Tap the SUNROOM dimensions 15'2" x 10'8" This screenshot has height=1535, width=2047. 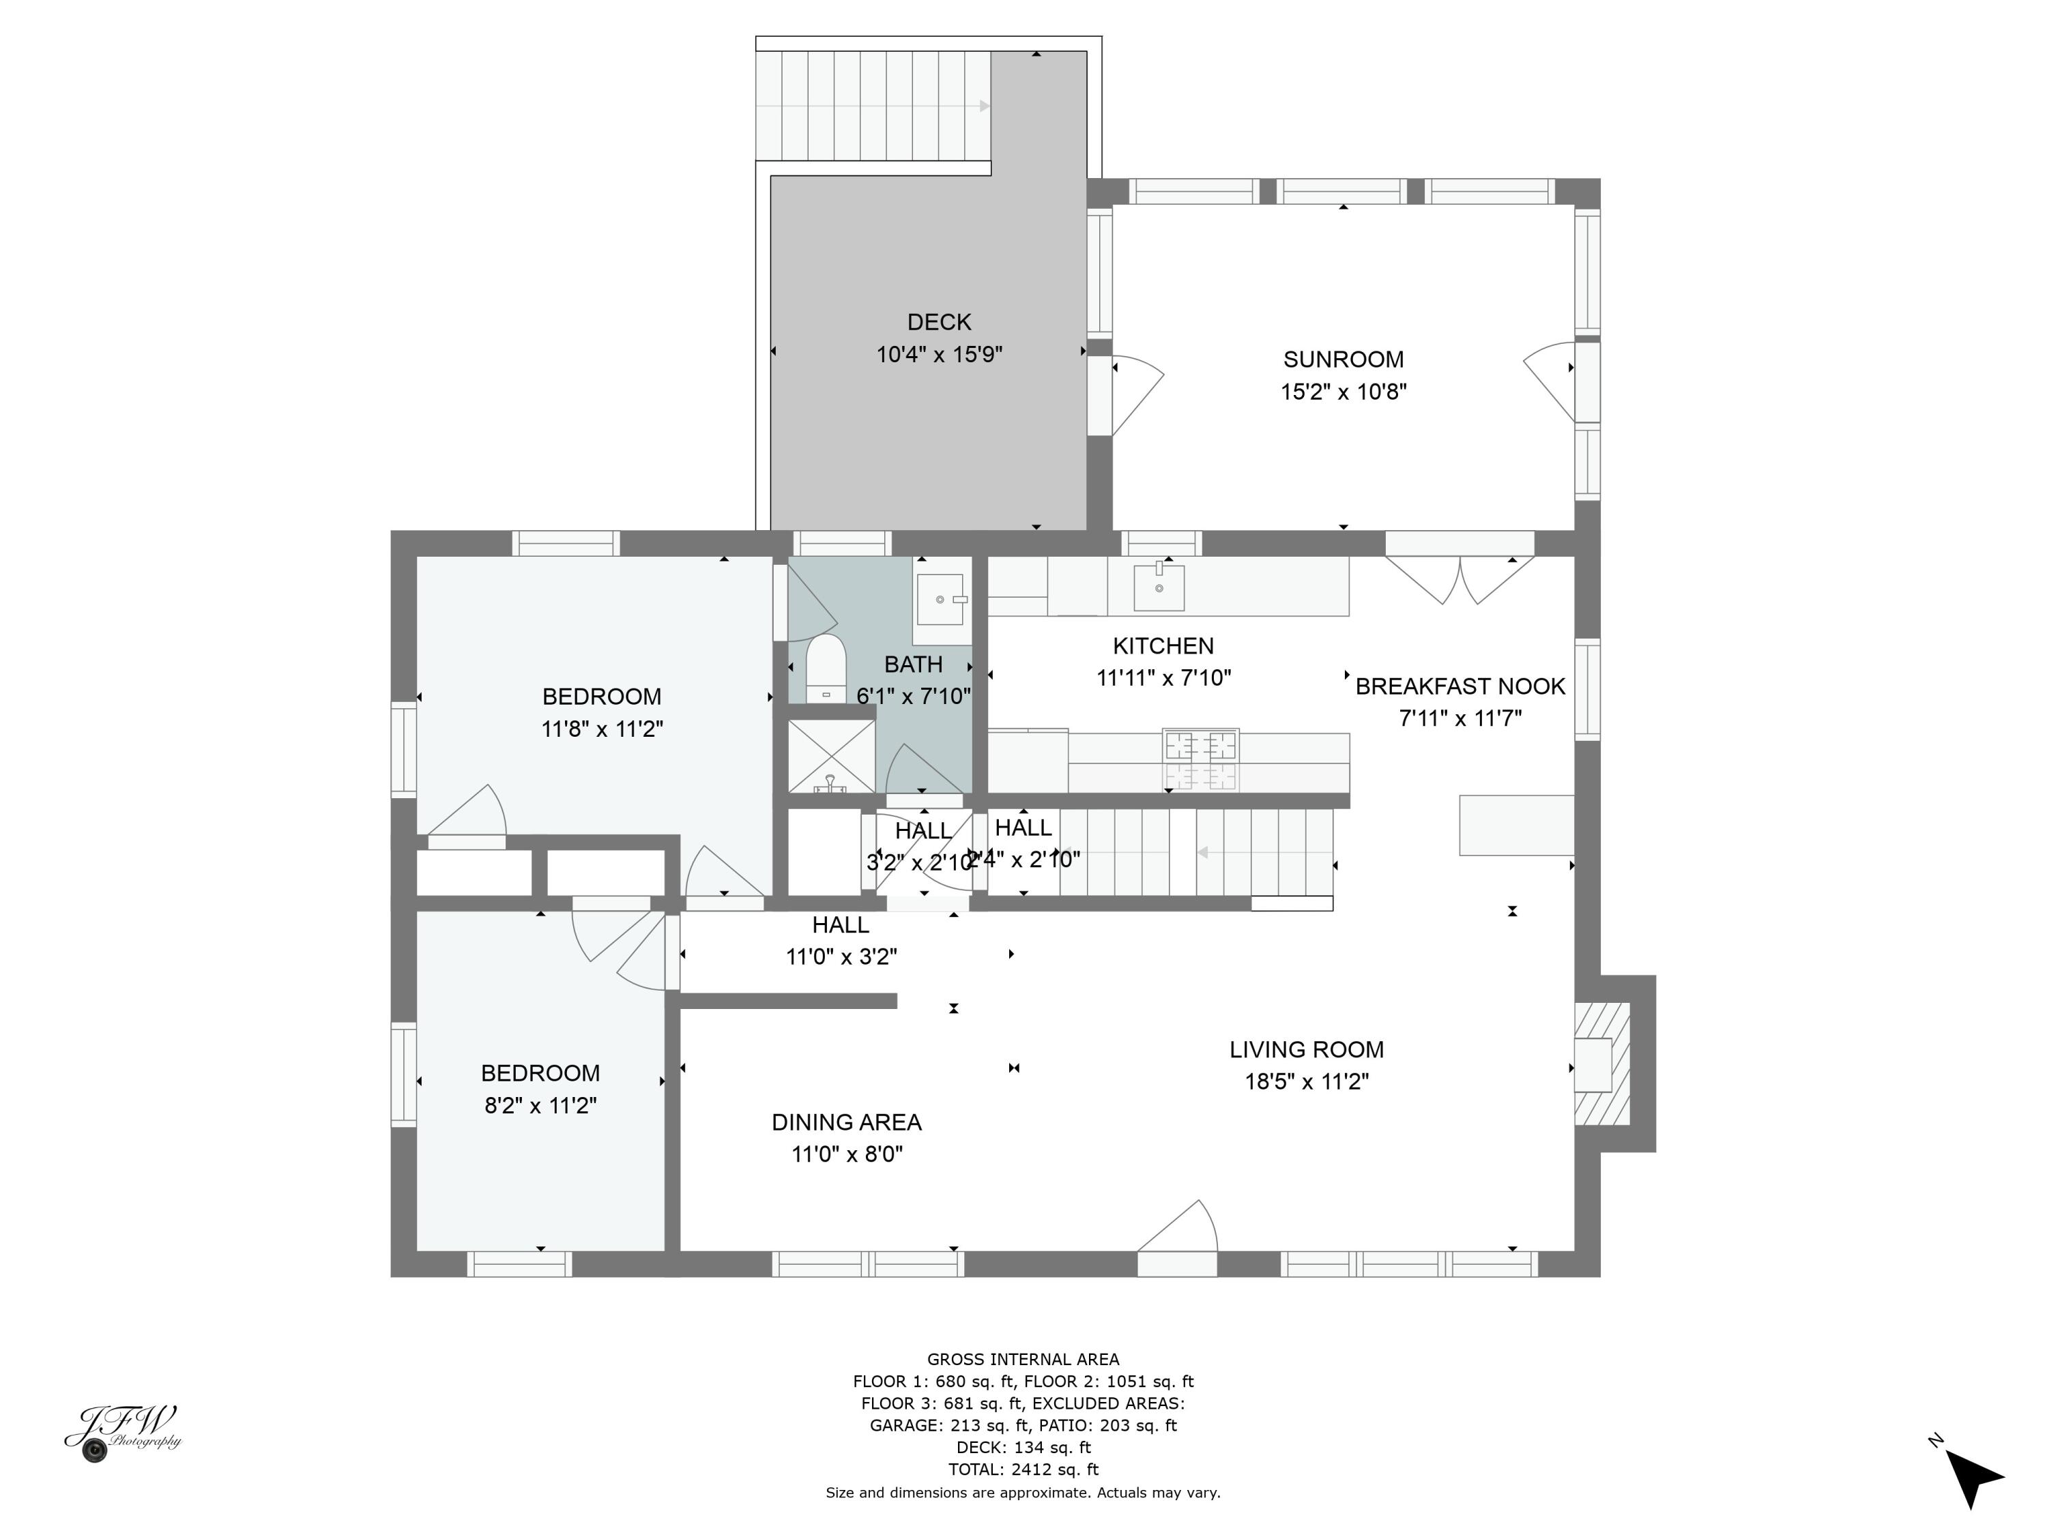1343,392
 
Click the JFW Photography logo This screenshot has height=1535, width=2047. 125,1432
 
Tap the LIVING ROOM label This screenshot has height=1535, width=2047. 1306,1049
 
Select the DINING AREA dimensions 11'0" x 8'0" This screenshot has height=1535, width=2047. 847,1154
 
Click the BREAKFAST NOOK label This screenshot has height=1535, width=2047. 1460,686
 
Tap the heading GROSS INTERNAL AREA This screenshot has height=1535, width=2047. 1023,1359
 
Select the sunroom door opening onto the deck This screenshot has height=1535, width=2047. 1135,393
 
